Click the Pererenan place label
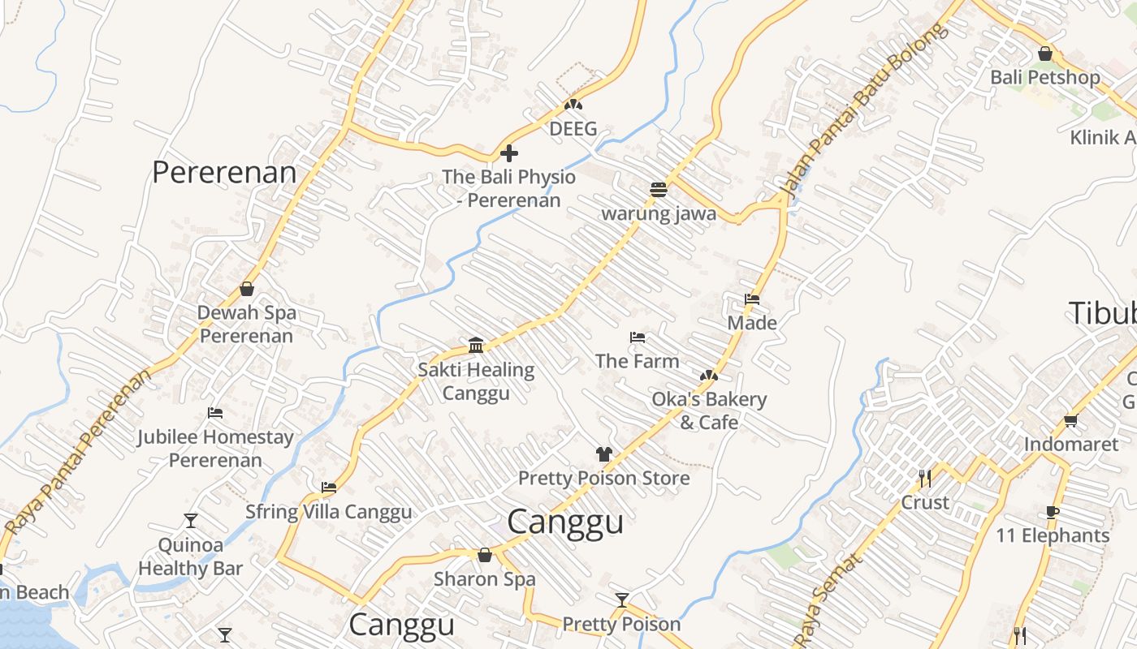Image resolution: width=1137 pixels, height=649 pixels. click(224, 172)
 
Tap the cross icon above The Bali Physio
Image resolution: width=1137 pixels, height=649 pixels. click(509, 153)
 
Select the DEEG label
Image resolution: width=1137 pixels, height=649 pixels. click(573, 129)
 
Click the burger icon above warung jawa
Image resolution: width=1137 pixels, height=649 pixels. click(659, 190)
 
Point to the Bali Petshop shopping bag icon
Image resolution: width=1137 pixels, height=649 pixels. click(1045, 54)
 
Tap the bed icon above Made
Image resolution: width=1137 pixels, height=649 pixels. click(752, 299)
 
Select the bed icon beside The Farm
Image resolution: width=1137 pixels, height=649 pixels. click(638, 337)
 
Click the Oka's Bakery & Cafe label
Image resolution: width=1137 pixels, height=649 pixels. click(709, 410)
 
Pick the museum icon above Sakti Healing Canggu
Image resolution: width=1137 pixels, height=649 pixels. click(477, 346)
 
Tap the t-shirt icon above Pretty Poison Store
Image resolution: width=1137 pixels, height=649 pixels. click(603, 454)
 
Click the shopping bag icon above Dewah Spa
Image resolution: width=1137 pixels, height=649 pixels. click(247, 289)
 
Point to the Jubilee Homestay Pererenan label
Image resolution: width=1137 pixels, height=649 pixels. click(215, 449)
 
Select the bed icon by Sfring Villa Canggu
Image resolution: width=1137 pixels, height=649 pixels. click(329, 488)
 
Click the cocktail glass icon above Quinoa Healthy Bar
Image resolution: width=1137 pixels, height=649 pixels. click(191, 520)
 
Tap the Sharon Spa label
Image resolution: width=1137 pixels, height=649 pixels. click(485, 579)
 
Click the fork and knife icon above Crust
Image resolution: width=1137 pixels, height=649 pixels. click(924, 478)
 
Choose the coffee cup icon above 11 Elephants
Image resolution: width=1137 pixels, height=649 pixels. click(1053, 512)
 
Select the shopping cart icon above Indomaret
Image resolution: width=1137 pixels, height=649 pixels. click(1071, 420)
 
